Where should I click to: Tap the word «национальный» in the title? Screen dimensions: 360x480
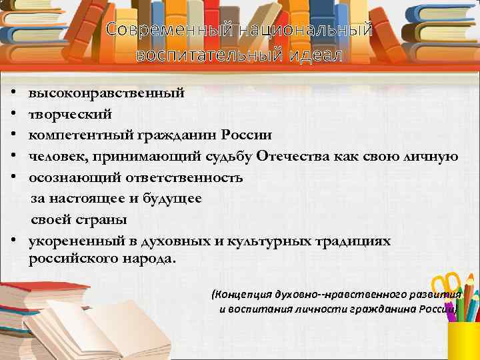click(x=293, y=30)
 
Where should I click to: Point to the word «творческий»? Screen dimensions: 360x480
click(x=66, y=113)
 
